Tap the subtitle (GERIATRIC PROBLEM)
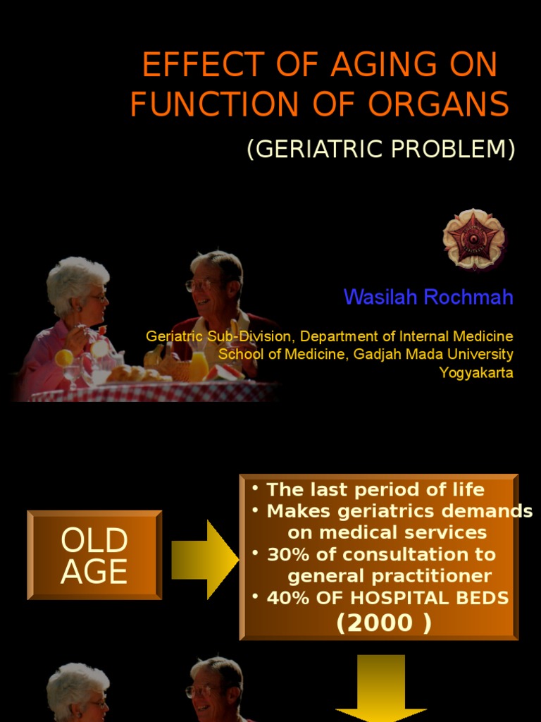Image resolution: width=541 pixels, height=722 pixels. tap(381, 149)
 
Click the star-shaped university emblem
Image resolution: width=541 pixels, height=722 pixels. tap(473, 239)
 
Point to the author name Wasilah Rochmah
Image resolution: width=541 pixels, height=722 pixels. tap(428, 297)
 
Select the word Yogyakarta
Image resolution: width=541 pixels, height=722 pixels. tap(476, 372)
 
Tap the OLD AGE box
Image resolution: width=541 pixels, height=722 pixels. tap(94, 555)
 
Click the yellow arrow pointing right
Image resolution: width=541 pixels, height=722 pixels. tap(204, 561)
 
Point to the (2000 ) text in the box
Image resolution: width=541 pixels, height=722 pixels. tap(384, 623)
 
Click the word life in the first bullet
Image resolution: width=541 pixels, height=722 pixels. tap(468, 489)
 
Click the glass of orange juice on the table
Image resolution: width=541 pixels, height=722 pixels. tap(199, 365)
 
